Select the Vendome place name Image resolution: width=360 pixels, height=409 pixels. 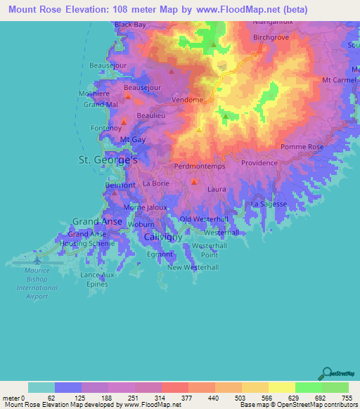(188, 100)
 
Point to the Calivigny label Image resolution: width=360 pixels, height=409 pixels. (162, 238)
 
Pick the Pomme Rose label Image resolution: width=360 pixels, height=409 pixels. (302, 147)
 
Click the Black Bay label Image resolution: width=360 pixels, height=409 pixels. (130, 25)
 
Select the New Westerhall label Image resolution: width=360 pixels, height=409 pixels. (193, 268)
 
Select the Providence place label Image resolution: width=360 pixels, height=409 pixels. (259, 162)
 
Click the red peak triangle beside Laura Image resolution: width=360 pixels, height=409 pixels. (193, 182)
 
